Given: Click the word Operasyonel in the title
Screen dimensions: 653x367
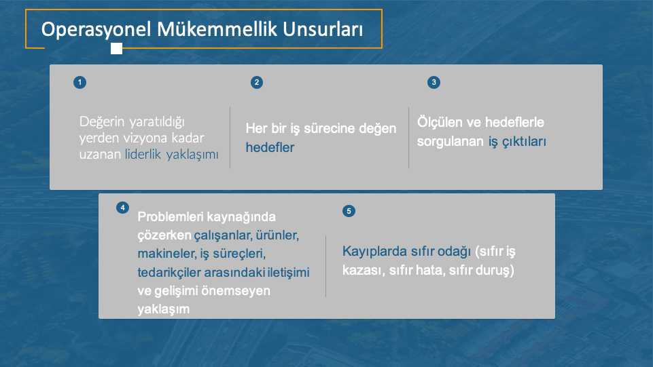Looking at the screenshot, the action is click(96, 30).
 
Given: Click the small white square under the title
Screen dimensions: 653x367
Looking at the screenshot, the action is click(117, 49).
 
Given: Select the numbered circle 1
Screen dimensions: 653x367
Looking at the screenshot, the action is click(80, 82).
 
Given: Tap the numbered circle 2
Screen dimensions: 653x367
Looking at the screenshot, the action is click(257, 82).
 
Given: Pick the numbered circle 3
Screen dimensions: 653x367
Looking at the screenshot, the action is click(434, 82).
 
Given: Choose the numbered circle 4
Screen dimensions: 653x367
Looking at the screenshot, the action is click(122, 208).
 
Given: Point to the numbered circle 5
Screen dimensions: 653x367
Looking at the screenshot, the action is click(349, 211).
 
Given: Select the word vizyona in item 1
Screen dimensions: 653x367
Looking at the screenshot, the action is click(146, 138).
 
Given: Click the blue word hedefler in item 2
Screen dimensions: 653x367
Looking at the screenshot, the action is click(270, 148).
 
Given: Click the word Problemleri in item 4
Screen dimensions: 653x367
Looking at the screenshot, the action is click(171, 216).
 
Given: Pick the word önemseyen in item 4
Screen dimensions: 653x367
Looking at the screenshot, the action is click(236, 291).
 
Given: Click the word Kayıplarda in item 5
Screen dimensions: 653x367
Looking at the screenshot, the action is click(374, 252).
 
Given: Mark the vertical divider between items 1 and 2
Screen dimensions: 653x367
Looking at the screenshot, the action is click(230, 138).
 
